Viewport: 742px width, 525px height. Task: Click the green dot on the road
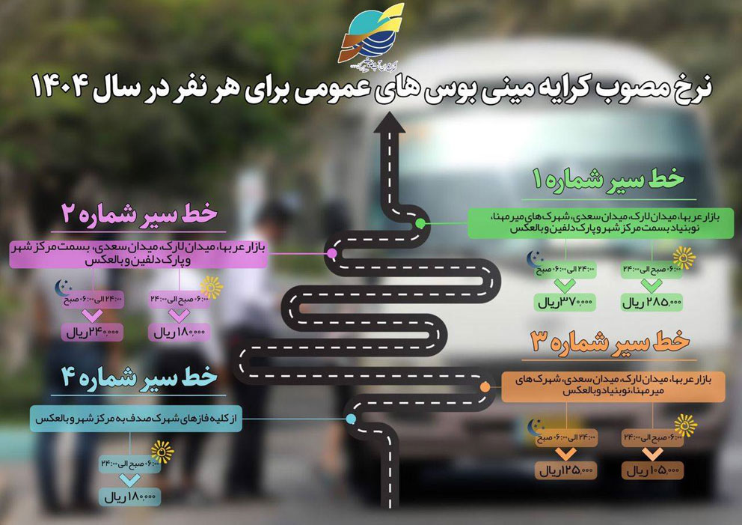click(420, 223)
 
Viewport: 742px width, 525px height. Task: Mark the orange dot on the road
click(485, 386)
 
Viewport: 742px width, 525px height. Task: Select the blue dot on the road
click(351, 418)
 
